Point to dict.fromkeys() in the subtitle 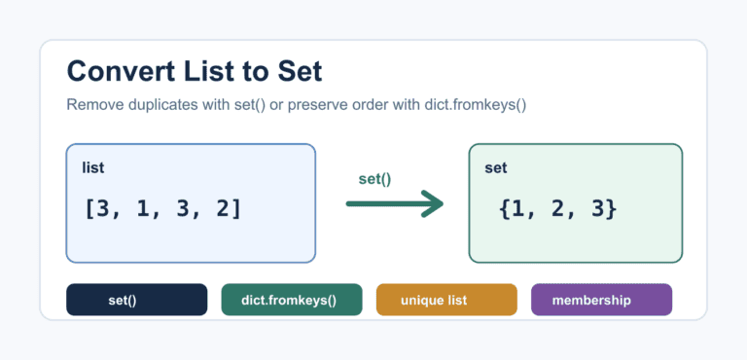[x=476, y=105]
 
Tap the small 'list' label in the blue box [x=93, y=168]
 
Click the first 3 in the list [x=103, y=209]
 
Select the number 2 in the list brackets [x=223, y=209]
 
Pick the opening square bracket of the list [x=89, y=209]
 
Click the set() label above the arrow [x=374, y=179]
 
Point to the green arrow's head [x=433, y=204]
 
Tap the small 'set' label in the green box [x=496, y=168]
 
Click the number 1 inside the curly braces [x=517, y=209]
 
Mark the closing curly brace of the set [x=611, y=209]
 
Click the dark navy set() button [x=137, y=300]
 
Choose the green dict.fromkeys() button [x=292, y=300]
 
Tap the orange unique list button [x=446, y=300]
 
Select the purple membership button [x=601, y=300]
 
